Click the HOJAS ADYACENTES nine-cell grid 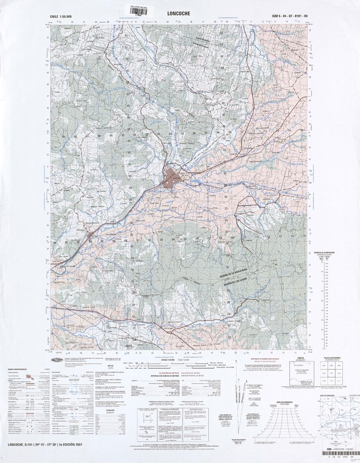(329, 374)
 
